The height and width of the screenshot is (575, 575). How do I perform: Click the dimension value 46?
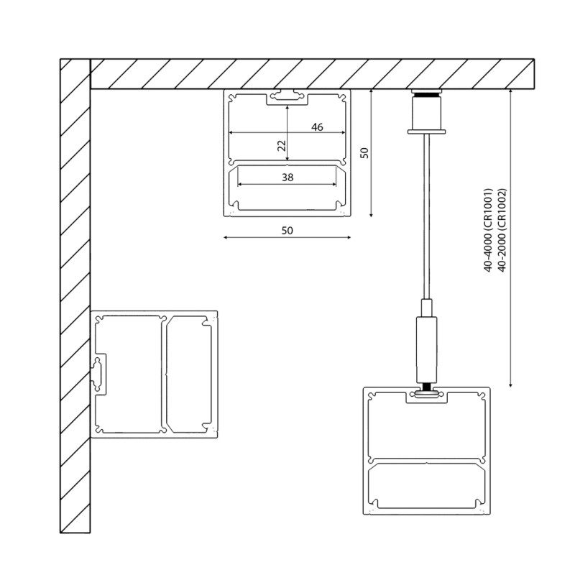pyautogui.click(x=317, y=127)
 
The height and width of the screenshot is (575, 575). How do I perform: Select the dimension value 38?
pyautogui.click(x=287, y=177)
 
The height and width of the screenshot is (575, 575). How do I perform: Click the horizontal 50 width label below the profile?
pyautogui.click(x=287, y=230)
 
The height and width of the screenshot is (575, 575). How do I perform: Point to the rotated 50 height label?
pyautogui.click(x=364, y=153)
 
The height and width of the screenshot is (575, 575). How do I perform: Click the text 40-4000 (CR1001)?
pyautogui.click(x=488, y=230)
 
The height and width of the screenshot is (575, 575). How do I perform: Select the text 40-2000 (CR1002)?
pyautogui.click(x=502, y=230)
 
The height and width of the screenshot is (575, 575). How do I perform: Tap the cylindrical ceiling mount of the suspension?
pyautogui.click(x=427, y=111)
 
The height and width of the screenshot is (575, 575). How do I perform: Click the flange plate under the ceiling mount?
pyautogui.click(x=427, y=131)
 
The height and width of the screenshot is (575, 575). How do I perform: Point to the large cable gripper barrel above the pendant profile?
pyautogui.click(x=427, y=349)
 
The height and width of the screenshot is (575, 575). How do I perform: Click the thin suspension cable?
pyautogui.click(x=427, y=216)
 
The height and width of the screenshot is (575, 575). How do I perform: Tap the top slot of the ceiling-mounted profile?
pyautogui.click(x=287, y=96)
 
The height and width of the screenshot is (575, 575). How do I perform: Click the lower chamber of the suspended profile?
pyautogui.click(x=428, y=489)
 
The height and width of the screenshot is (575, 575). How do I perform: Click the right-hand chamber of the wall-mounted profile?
pyautogui.click(x=190, y=374)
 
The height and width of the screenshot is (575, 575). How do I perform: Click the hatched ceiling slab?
pyautogui.click(x=309, y=73)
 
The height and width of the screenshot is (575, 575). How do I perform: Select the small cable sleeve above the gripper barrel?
pyautogui.click(x=427, y=308)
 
